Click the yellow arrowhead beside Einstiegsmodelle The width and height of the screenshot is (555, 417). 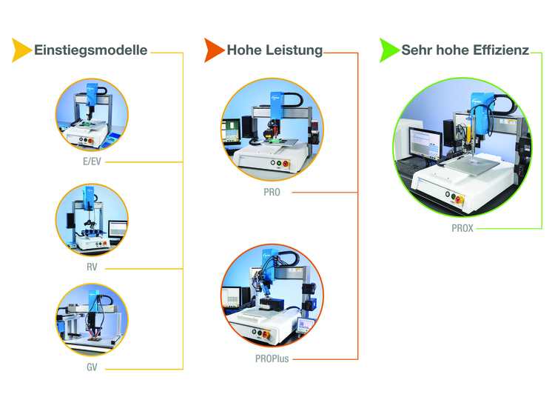pyautogui.click(x=21, y=50)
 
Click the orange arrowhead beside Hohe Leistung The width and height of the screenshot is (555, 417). pyautogui.click(x=213, y=50)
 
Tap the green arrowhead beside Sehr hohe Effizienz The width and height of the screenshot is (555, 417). pyautogui.click(x=389, y=50)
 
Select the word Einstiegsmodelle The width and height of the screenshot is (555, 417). pyautogui.click(x=90, y=50)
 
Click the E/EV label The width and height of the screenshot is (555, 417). pyautogui.click(x=92, y=161)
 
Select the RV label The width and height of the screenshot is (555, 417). pyautogui.click(x=92, y=267)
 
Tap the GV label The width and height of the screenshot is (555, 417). pyautogui.click(x=92, y=367)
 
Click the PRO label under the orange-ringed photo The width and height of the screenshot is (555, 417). pyautogui.click(x=272, y=192)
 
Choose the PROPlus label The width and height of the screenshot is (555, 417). pyautogui.click(x=272, y=359)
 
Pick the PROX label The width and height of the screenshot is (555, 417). pyautogui.click(x=462, y=228)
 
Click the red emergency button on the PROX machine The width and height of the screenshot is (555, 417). pyautogui.click(x=459, y=199)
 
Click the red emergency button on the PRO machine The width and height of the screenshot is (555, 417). pyautogui.click(x=286, y=164)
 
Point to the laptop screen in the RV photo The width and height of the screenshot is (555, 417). pyautogui.click(x=118, y=229)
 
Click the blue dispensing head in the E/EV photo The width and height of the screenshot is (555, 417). pyautogui.click(x=92, y=94)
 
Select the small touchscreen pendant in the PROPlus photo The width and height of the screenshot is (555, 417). pyautogui.click(x=305, y=325)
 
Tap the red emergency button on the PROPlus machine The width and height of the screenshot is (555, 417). pyautogui.click(x=265, y=335)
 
